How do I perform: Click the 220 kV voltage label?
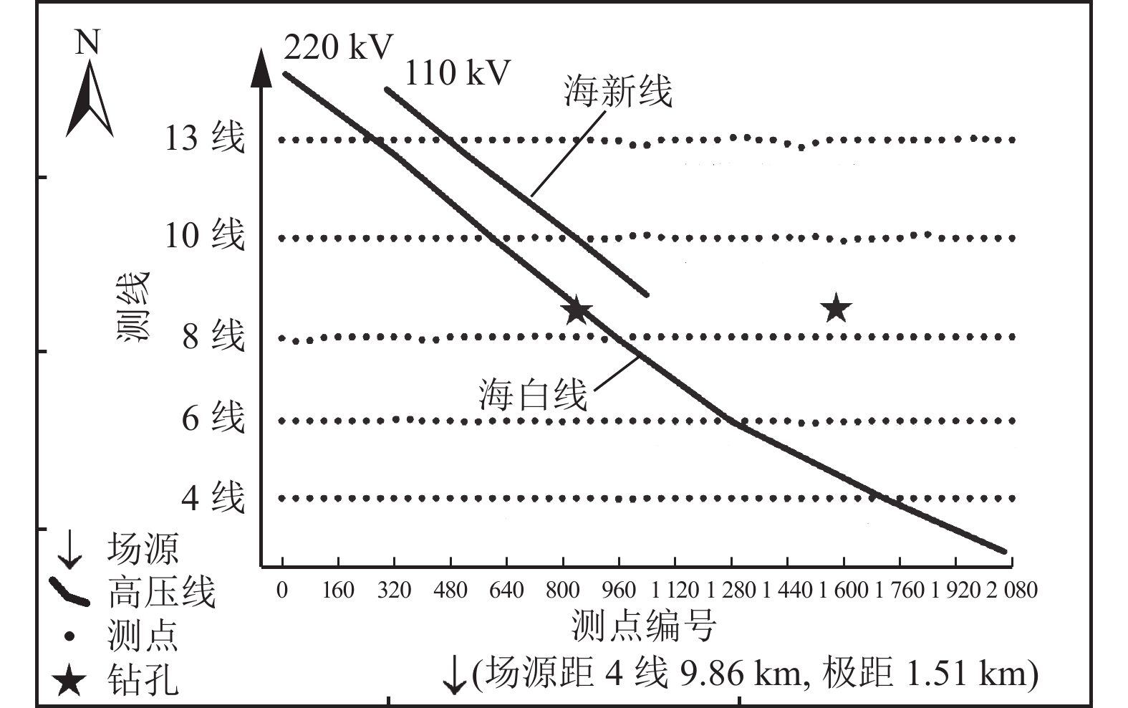[x=338, y=47]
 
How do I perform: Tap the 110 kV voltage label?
[x=458, y=73]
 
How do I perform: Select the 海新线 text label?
[x=617, y=92]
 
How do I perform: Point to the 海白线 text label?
[x=533, y=395]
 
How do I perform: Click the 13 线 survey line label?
[x=205, y=138]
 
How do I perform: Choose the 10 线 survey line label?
[x=205, y=235]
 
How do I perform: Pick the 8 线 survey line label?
[x=213, y=335]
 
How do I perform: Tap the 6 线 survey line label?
[x=213, y=418]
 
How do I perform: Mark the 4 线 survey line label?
[x=213, y=497]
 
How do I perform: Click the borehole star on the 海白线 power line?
[x=577, y=310]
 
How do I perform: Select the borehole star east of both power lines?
[x=836, y=310]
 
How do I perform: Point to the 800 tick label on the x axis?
[x=562, y=590]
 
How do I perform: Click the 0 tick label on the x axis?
[x=282, y=590]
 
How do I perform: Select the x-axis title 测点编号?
[x=644, y=625]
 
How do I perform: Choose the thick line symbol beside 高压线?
[x=69, y=592]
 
